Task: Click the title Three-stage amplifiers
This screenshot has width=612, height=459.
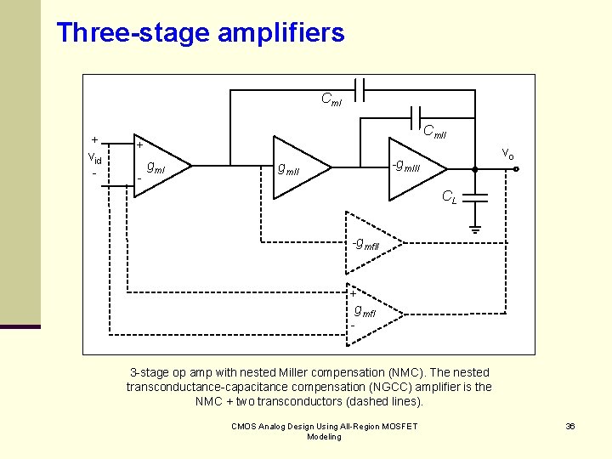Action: pos(200,33)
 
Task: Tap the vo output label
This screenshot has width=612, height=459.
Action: pos(507,153)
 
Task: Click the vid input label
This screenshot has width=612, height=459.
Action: pos(94,159)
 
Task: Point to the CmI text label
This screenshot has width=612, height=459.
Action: pos(331,100)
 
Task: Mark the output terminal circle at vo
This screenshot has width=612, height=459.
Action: pos(516,168)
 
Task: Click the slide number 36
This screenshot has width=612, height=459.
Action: pos(570,426)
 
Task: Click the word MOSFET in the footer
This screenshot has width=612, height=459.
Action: pos(400,426)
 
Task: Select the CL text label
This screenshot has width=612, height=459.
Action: pos(449,198)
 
